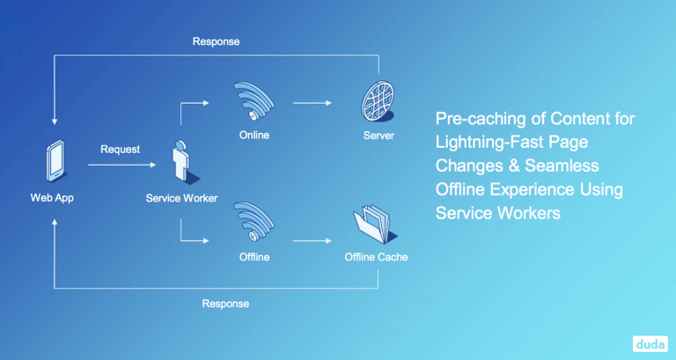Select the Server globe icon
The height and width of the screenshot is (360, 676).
click(x=378, y=102)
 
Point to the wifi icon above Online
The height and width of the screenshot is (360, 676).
click(x=253, y=101)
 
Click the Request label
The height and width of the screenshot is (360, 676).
click(x=121, y=150)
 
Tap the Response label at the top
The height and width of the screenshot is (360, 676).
click(x=216, y=41)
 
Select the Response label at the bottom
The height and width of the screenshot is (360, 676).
click(x=225, y=304)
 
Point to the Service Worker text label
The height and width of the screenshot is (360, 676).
click(x=181, y=198)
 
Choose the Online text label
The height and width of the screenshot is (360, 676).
click(x=253, y=136)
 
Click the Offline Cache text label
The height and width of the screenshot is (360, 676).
click(x=376, y=258)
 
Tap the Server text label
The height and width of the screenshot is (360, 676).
click(x=378, y=136)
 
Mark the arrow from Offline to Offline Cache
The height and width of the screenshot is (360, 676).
click(x=312, y=239)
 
